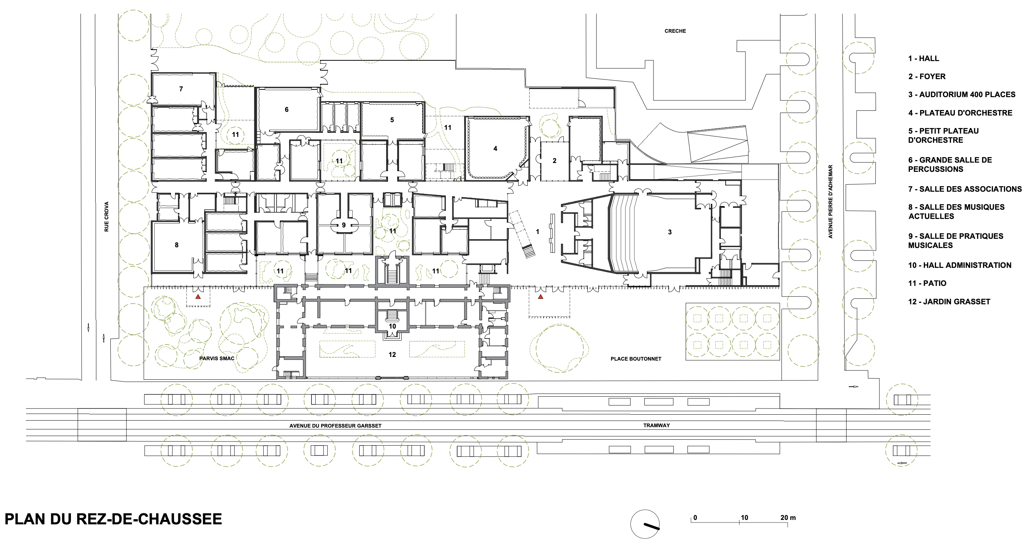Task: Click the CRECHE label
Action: point(675,31)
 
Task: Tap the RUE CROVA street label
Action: point(106,217)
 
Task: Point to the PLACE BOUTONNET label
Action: point(635,359)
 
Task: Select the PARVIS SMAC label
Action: point(217,358)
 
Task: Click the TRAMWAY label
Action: point(656,425)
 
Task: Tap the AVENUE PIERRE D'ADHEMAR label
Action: point(830,201)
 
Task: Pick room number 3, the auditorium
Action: point(670,232)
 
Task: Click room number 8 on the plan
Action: point(177,245)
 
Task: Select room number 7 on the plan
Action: point(181,89)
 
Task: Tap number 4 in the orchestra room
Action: point(495,148)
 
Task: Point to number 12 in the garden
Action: point(392,354)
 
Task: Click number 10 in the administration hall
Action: point(392,326)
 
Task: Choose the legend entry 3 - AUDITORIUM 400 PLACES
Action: point(961,95)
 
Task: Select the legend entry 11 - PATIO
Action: point(927,283)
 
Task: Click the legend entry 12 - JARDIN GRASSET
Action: point(949,302)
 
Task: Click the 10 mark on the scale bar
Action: point(745,517)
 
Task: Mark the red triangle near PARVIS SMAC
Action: point(198,297)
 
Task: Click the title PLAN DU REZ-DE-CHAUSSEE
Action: point(113,519)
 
